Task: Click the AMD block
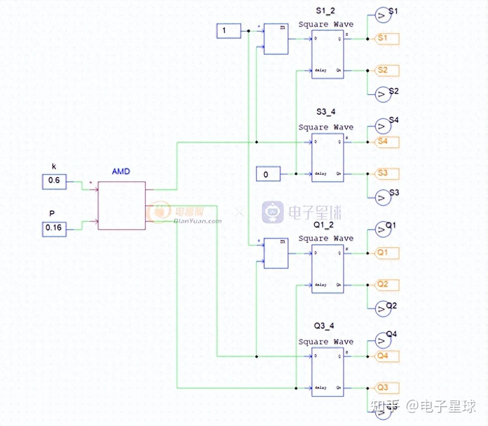(122, 206)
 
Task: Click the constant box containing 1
(229, 31)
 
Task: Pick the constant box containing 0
(268, 174)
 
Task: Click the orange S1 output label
(386, 39)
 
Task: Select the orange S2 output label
(386, 70)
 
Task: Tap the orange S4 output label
(386, 142)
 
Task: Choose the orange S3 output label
(386, 173)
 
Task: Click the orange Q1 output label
(386, 253)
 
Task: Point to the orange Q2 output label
(386, 284)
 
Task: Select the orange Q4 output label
(386, 356)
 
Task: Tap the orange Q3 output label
(386, 387)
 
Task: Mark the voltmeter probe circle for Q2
(382, 309)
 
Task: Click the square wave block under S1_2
(327, 55)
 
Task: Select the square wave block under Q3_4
(327, 372)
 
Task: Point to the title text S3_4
(326, 112)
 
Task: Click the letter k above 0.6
(54, 166)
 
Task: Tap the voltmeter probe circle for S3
(382, 198)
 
